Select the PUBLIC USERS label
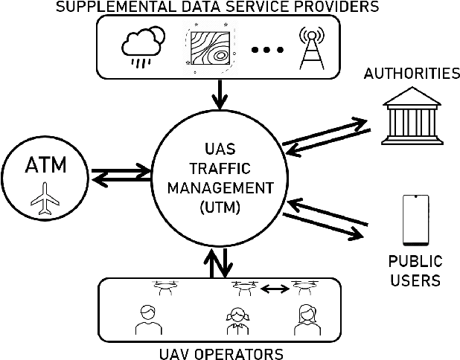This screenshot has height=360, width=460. click(415, 271)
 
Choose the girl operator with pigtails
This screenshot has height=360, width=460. click(237, 318)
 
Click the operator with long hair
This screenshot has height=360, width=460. click(306, 318)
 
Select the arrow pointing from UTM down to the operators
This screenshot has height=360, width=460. click(226, 262)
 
